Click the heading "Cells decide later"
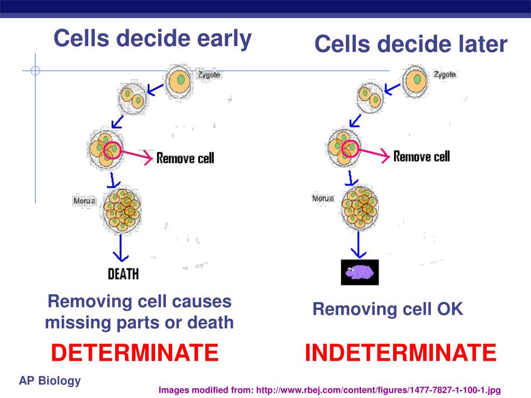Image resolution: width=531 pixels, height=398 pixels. point(411,44)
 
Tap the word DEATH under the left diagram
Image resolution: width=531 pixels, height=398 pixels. point(123,274)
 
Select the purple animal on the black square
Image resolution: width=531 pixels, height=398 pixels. point(359,272)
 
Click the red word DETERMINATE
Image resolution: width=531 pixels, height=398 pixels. point(135,353)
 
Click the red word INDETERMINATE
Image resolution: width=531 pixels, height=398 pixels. point(400,353)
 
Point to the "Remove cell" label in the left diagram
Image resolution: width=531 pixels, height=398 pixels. point(185,158)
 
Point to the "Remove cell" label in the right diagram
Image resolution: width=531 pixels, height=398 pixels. point(422,156)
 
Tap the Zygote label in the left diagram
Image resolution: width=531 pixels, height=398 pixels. point(208,75)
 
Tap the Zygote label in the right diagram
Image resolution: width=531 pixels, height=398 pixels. point(445,74)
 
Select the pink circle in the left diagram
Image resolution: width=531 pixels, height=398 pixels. point(113,150)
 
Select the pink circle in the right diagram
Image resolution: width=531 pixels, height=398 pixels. point(350,148)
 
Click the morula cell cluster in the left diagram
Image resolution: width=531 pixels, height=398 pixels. point(121,210)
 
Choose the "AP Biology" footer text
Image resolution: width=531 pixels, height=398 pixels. point(50,381)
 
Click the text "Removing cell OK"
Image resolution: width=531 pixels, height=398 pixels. point(387,309)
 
